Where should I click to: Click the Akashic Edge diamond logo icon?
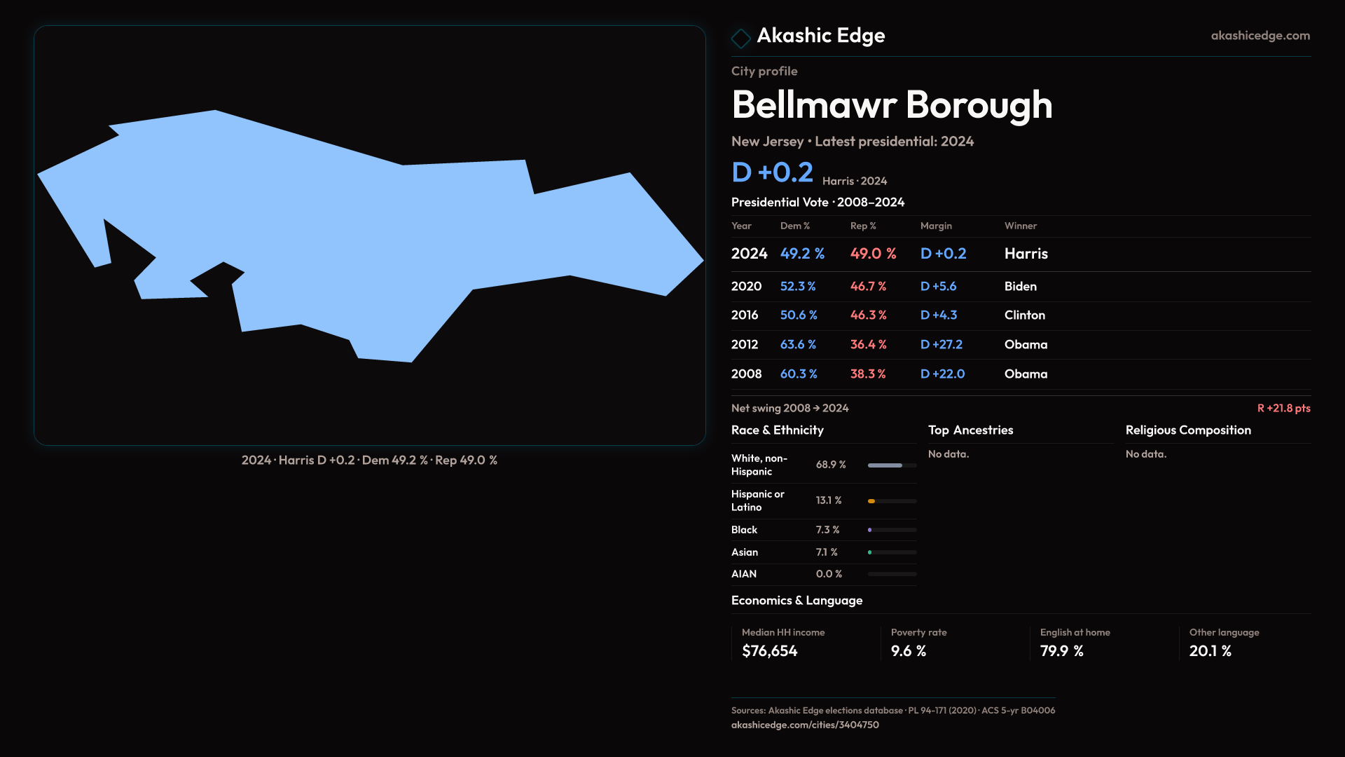[740, 38]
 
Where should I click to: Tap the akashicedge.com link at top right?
[1260, 36]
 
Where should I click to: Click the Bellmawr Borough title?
[892, 105]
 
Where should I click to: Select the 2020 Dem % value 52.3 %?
[798, 287]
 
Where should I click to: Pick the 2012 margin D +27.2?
[941, 345]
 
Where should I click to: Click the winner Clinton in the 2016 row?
[1024, 315]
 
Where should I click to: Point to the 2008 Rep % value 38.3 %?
[868, 374]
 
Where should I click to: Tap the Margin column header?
[936, 226]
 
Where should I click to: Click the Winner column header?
[1020, 226]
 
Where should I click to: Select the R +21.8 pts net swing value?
[1283, 408]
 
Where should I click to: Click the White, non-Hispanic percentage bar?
[891, 465]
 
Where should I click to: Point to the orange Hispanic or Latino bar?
[871, 501]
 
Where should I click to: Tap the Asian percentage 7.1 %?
[827, 552]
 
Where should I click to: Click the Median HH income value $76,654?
[769, 651]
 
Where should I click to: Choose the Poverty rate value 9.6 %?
[908, 651]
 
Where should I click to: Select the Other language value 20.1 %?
[1210, 651]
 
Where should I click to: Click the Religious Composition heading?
[1188, 430]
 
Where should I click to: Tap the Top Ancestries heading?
[970, 430]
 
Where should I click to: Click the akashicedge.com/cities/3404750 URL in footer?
[805, 725]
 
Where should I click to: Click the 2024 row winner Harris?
[1026, 254]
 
